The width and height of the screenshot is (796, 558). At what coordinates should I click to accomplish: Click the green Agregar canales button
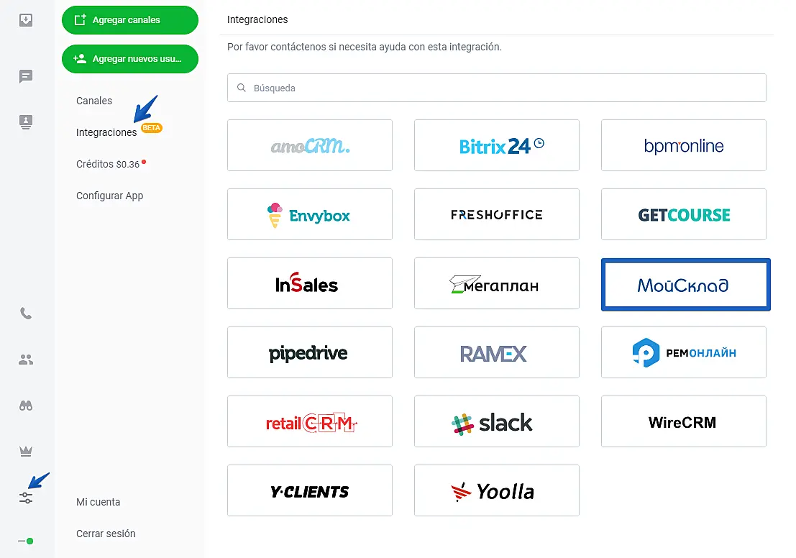click(129, 20)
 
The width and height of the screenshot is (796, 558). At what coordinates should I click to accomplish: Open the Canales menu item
click(94, 101)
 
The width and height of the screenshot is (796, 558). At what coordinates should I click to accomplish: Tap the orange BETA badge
click(152, 128)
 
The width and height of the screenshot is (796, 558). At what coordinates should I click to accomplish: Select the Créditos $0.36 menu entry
click(108, 164)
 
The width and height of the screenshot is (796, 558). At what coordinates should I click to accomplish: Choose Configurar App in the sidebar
click(109, 196)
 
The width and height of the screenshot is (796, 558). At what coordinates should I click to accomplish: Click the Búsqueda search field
click(496, 88)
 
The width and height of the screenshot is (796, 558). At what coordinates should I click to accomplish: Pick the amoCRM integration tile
click(310, 145)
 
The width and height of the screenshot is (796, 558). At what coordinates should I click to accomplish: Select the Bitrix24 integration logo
click(497, 145)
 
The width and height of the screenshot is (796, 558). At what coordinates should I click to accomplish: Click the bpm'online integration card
click(684, 145)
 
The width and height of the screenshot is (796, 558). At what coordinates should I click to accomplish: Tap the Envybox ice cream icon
click(275, 215)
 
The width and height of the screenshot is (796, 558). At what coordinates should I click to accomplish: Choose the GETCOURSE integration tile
click(684, 214)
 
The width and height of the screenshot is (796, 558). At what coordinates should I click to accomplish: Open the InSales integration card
click(310, 283)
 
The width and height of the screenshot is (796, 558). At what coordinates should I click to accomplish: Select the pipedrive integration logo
click(310, 352)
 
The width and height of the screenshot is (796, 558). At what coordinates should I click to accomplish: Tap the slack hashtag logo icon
click(462, 424)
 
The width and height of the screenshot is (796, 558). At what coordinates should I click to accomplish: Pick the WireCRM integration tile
click(684, 421)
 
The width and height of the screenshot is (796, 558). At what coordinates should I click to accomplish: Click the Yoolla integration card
click(497, 490)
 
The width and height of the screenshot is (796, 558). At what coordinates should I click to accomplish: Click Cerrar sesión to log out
click(106, 534)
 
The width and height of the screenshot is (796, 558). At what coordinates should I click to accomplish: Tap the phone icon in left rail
click(26, 314)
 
